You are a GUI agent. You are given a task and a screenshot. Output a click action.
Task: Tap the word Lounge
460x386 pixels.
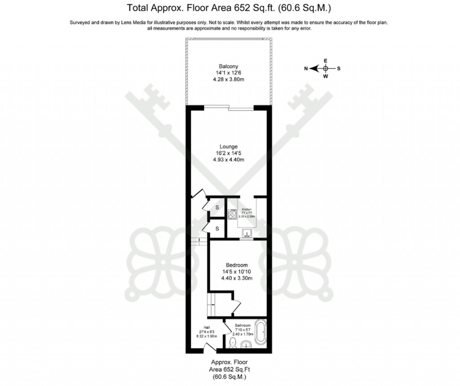point(229,147)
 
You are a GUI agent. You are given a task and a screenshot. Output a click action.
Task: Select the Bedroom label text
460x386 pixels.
point(236,265)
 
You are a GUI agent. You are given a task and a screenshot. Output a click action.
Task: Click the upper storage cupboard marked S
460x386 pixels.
point(217,207)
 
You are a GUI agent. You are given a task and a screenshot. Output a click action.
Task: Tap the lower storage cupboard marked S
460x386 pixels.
point(217,229)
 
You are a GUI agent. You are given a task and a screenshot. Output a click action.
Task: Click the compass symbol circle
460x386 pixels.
point(326,68)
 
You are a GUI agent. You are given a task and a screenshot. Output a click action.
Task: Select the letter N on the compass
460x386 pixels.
point(306,69)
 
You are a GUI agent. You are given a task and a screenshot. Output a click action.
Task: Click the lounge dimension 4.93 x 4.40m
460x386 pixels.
point(229,160)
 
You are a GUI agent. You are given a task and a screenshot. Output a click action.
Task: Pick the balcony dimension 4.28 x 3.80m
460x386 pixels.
point(229,79)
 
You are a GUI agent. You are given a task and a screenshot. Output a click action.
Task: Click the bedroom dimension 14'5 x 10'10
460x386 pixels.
point(236,272)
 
